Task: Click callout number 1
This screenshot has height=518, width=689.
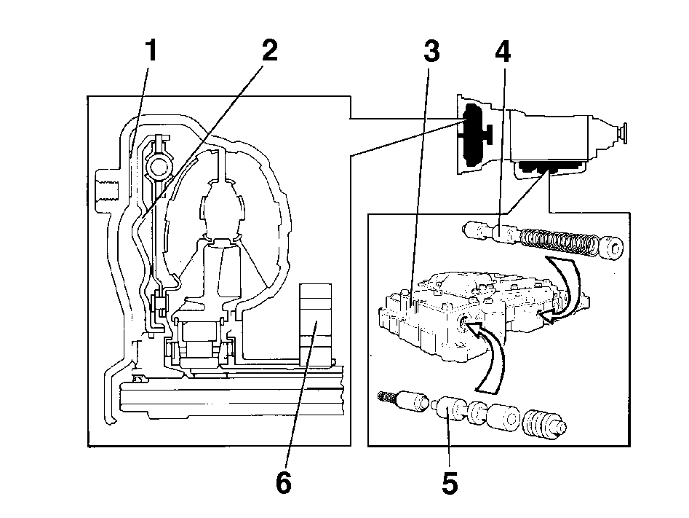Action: tap(151, 50)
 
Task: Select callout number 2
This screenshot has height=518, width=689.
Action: tap(270, 50)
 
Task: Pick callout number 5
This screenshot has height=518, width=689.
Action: tap(450, 483)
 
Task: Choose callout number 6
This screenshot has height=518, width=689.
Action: tap(284, 483)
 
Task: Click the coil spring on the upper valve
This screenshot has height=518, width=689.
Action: tap(558, 242)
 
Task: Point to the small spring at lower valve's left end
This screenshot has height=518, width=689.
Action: tap(386, 396)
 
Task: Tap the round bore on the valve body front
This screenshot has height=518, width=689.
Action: tap(463, 324)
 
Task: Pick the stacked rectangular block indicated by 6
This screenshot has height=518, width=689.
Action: tap(315, 325)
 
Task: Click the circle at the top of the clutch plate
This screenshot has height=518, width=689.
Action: tap(158, 166)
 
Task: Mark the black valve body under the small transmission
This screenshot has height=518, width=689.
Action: tap(550, 167)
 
